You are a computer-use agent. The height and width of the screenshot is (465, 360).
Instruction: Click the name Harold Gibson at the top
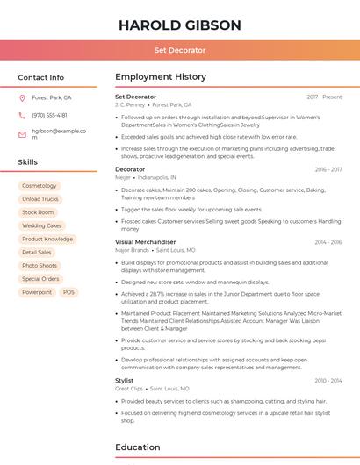point(179,25)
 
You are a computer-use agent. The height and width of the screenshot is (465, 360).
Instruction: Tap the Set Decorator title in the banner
point(179,50)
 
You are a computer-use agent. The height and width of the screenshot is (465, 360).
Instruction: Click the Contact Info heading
point(40,77)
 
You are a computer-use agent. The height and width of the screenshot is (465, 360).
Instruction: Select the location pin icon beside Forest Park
point(22,97)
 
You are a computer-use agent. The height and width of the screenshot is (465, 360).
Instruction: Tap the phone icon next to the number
point(22,115)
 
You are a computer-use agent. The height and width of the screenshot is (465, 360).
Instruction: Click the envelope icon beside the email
point(22,134)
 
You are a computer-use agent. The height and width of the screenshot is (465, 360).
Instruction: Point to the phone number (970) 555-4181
point(49,115)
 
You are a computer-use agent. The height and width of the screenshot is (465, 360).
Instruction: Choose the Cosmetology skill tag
point(39,186)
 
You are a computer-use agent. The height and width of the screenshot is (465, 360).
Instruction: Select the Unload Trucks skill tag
point(40,199)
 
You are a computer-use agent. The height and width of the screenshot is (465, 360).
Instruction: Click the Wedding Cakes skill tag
point(42,225)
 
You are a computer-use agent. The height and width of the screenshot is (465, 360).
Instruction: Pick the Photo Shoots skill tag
point(40,265)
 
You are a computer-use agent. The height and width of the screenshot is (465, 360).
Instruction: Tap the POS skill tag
point(69,292)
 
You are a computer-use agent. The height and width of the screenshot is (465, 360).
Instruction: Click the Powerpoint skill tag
point(37,292)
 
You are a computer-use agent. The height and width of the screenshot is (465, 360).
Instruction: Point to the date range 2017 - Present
point(324,97)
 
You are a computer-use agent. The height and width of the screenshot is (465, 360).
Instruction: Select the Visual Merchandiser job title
point(145,241)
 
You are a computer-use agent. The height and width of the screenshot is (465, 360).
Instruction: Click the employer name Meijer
point(123,177)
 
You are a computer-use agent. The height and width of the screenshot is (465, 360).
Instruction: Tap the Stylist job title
point(125,380)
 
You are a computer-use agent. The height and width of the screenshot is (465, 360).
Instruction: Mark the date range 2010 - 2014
point(328,380)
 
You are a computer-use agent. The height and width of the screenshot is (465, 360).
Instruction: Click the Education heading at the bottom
point(138,447)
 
